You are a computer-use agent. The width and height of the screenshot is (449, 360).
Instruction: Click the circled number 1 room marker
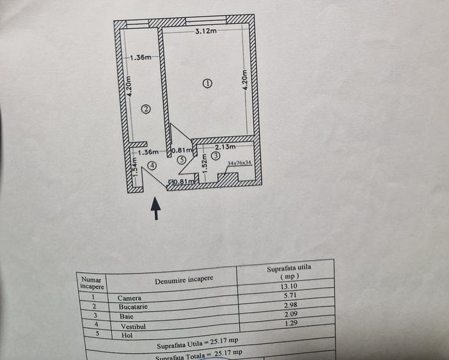point(207,83)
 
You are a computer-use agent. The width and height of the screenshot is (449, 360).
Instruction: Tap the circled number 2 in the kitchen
point(146,109)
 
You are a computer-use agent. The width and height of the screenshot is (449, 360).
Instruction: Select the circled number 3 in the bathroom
point(216,156)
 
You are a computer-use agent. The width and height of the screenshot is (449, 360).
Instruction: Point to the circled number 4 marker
point(152,166)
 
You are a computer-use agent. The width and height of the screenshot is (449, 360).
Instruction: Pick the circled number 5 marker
point(182,160)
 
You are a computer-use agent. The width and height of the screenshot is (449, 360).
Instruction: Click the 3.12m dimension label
point(206,31)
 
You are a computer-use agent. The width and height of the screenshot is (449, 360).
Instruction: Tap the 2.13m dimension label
point(225,147)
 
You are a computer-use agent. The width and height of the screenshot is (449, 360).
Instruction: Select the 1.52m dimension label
point(204,164)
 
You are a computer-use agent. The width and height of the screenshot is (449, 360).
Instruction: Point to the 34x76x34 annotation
point(239,163)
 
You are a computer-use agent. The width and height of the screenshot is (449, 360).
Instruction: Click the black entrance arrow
point(156,208)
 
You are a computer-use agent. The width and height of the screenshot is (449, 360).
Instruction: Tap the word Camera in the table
point(129,298)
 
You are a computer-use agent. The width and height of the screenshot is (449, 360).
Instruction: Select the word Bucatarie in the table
point(133,307)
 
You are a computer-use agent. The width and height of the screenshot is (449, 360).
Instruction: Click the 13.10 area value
point(289,286)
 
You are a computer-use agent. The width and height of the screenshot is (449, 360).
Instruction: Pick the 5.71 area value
point(290,295)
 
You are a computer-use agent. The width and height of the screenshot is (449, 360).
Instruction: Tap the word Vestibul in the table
point(133,326)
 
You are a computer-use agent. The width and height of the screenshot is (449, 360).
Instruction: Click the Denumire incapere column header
point(184,279)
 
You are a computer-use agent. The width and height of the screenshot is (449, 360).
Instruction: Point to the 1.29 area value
point(291,323)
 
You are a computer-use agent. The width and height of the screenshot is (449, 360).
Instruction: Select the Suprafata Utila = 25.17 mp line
point(198,343)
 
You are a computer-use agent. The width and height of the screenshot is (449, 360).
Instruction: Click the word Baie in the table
point(126,317)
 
